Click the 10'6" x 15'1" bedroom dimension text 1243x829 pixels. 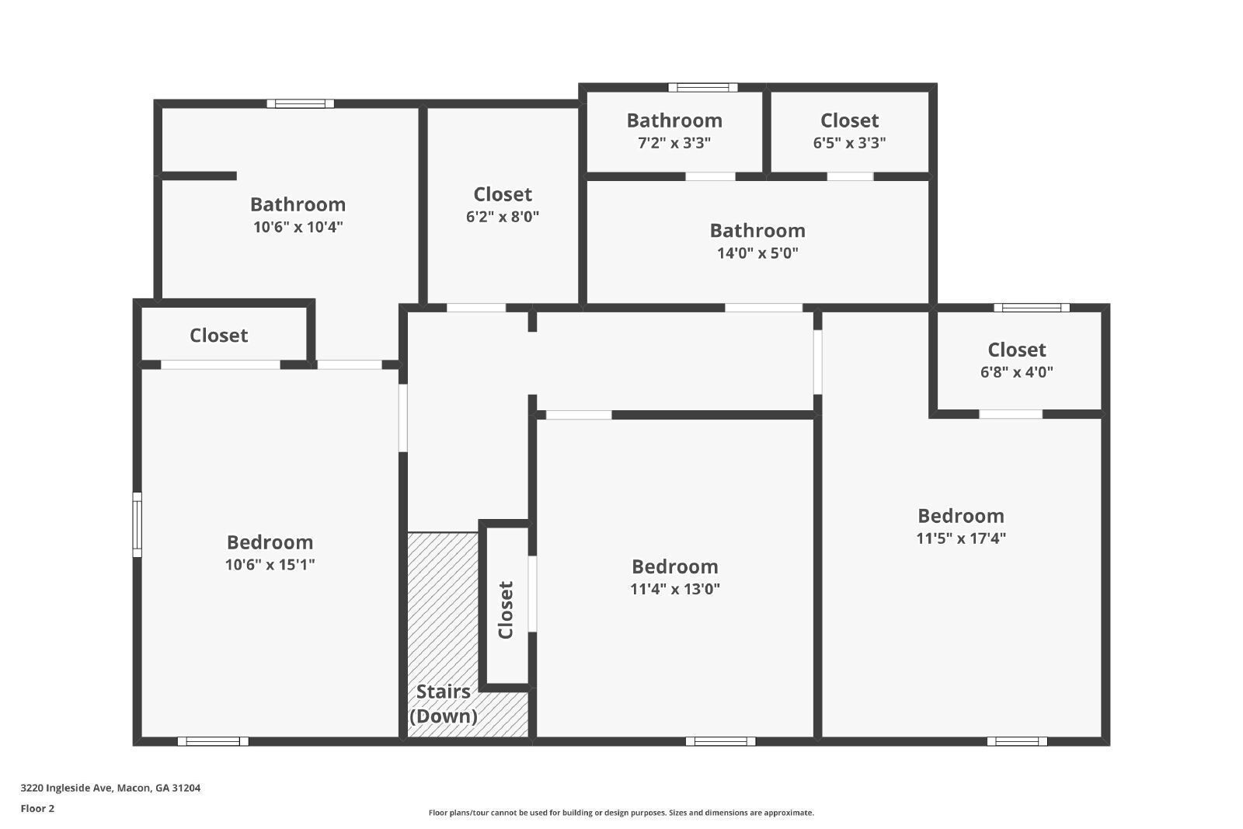pos(270,565)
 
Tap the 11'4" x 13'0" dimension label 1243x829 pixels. pos(674,589)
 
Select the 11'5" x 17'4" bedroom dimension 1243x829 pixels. pos(961,538)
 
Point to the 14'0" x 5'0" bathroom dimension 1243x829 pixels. pos(757,253)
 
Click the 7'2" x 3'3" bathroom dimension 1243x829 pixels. pos(674,143)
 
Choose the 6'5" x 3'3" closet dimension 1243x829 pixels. pos(849,143)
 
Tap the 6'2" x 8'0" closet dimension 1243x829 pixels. pos(502,217)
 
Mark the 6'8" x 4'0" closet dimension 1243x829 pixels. pos(1016,372)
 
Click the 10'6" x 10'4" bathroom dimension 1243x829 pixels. pos(298,228)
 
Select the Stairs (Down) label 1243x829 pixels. pos(443,704)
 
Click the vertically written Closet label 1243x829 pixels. pos(506,610)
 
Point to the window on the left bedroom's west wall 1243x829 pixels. pos(138,524)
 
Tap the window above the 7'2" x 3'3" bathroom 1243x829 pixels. pos(703,87)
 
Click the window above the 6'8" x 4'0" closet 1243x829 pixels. pos(1031,308)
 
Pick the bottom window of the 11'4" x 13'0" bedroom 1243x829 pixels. pos(720,741)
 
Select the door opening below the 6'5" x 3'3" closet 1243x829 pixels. pos(849,176)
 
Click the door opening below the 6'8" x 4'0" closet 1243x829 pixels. pos(1010,414)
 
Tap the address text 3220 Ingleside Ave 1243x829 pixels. pos(110,788)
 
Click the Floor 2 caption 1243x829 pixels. pos(37,809)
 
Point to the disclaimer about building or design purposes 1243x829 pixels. pos(621,813)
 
